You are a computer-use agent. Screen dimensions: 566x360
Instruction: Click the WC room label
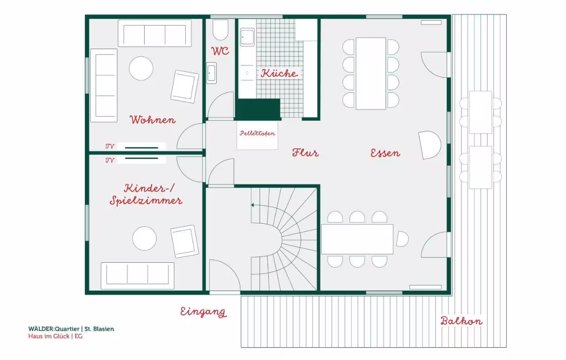[220, 51]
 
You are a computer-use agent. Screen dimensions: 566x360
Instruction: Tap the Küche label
[279, 73]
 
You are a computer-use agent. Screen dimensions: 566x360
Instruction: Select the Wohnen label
[153, 119]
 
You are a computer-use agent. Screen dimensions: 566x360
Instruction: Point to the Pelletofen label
[257, 133]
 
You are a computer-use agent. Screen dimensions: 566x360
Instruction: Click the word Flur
[305, 153]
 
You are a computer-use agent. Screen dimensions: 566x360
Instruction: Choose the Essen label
[385, 153]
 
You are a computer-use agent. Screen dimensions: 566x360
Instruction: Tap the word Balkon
[461, 321]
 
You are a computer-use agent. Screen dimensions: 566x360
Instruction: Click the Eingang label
[203, 312]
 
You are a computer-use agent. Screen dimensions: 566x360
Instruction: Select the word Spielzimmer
[146, 201]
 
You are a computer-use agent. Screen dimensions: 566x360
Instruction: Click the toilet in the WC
[220, 30]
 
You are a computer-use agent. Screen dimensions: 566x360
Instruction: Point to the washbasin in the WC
[211, 73]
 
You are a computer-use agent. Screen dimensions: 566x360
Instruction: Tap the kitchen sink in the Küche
[247, 37]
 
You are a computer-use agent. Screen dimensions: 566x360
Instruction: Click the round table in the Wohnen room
[141, 68]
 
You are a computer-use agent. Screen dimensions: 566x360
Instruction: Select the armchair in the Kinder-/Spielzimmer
[184, 241]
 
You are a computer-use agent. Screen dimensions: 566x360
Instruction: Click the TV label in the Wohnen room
[110, 146]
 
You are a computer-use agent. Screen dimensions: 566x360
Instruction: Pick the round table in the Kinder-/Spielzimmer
[144, 238]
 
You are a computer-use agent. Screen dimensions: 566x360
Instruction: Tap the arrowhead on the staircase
[252, 205]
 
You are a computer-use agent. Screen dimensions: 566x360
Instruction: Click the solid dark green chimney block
[258, 109]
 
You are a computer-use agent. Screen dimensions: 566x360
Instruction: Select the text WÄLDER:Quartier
[54, 329]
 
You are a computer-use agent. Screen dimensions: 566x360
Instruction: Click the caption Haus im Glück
[49, 336]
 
